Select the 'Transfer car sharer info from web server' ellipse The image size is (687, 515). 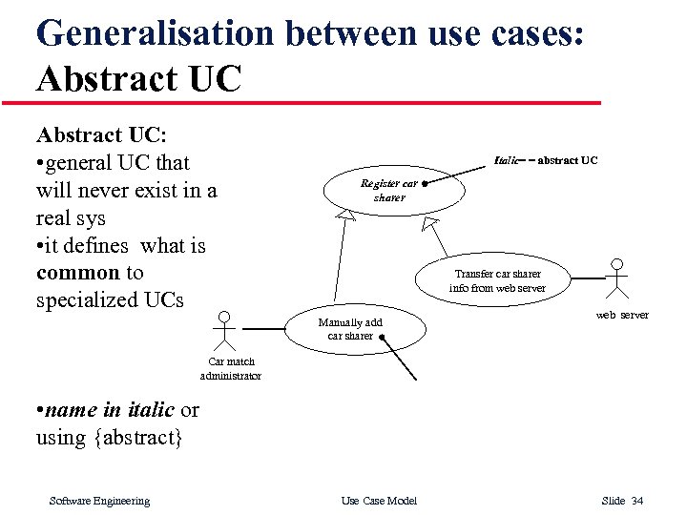click(497, 280)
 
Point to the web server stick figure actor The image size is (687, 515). click(617, 279)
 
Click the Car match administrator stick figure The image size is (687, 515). click(224, 332)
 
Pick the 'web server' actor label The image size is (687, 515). click(622, 315)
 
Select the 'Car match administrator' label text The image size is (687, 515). click(231, 369)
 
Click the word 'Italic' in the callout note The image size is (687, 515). click(507, 160)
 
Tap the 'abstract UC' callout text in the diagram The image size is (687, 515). click(568, 160)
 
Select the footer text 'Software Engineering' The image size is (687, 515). click(99, 501)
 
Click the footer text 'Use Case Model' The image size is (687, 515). click(379, 501)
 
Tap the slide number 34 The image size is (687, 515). click(637, 501)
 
